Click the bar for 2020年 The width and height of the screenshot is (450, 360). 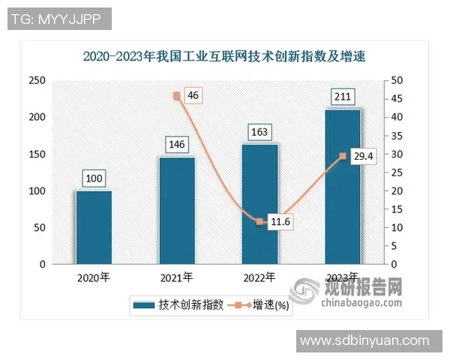pyautogui.click(x=94, y=228)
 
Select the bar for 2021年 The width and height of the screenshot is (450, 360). pyautogui.click(x=177, y=211)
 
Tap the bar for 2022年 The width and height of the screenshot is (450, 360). pyautogui.click(x=260, y=205)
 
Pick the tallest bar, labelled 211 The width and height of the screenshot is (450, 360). pyautogui.click(x=343, y=187)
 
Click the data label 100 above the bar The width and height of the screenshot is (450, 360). pyautogui.click(x=94, y=178)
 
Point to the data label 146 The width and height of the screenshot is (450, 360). pyautogui.click(x=177, y=144)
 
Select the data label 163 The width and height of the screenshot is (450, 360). pyautogui.click(x=260, y=132)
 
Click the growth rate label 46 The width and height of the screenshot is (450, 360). pyautogui.click(x=194, y=95)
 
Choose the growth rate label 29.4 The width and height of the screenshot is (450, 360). pyautogui.click(x=363, y=156)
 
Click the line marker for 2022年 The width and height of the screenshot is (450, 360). pyautogui.click(x=260, y=222)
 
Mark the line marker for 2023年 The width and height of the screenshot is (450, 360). pyautogui.click(x=343, y=156)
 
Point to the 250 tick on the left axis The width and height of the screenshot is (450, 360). pyautogui.click(x=36, y=80)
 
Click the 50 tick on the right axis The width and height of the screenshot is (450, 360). pyautogui.click(x=397, y=80)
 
